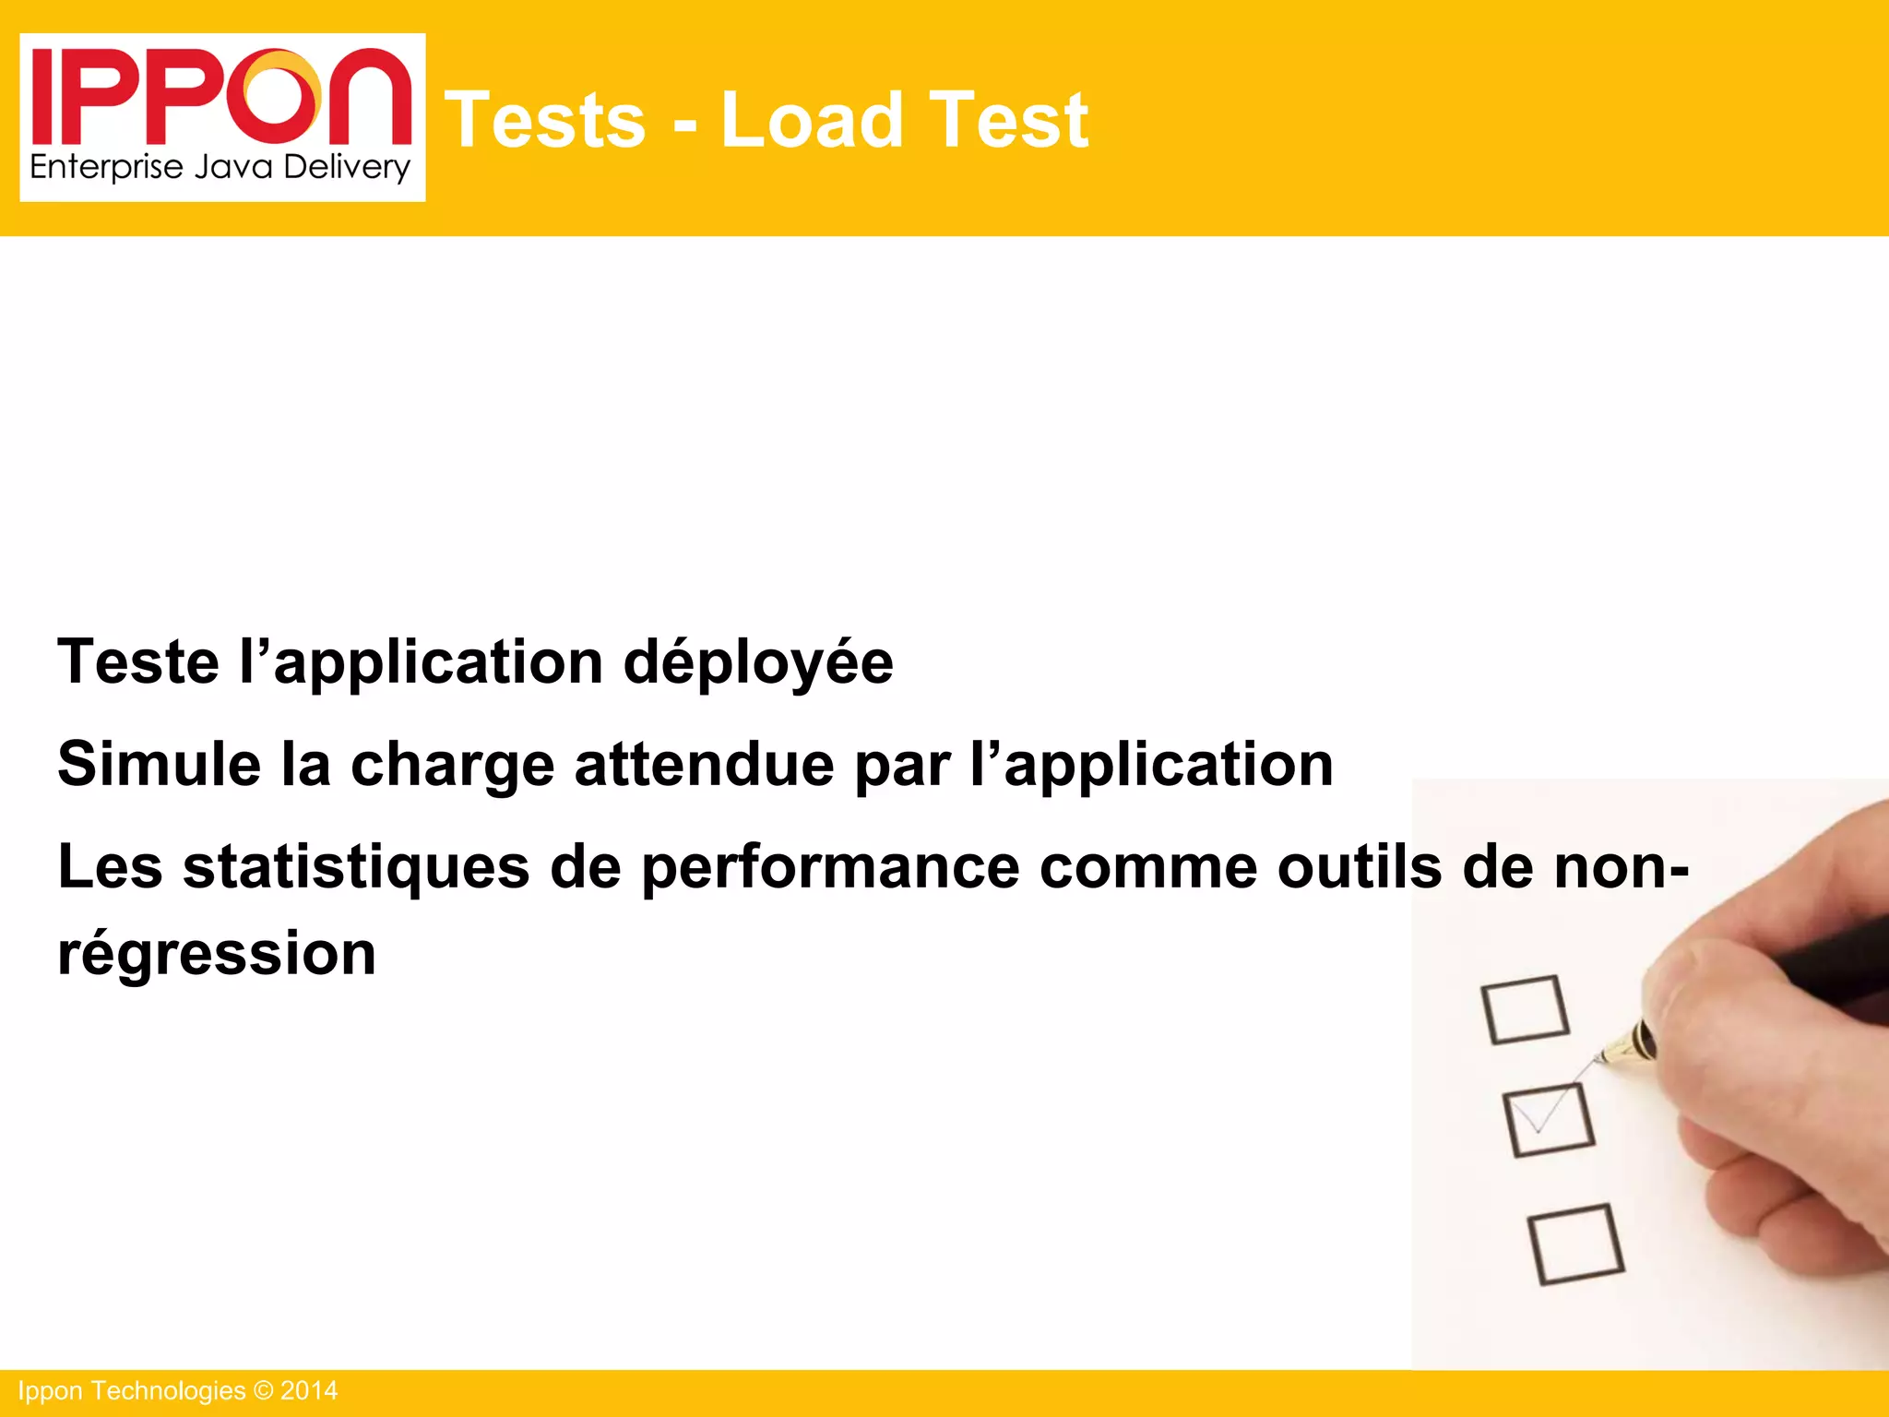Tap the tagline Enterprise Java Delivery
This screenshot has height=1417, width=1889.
coord(220,168)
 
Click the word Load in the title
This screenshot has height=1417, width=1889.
coord(811,120)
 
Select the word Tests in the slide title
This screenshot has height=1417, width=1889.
coord(545,120)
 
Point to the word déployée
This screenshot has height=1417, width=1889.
coord(758,663)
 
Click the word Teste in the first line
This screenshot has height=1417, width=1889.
coord(138,661)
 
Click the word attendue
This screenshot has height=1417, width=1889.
coord(704,764)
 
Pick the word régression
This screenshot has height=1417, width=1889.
coord(217,954)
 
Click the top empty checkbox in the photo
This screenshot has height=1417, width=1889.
coord(1525,1010)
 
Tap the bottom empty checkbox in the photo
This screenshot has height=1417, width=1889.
coord(1575,1244)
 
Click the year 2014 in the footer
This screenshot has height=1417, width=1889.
coord(309,1391)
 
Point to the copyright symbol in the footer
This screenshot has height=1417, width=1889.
coord(263,1391)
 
